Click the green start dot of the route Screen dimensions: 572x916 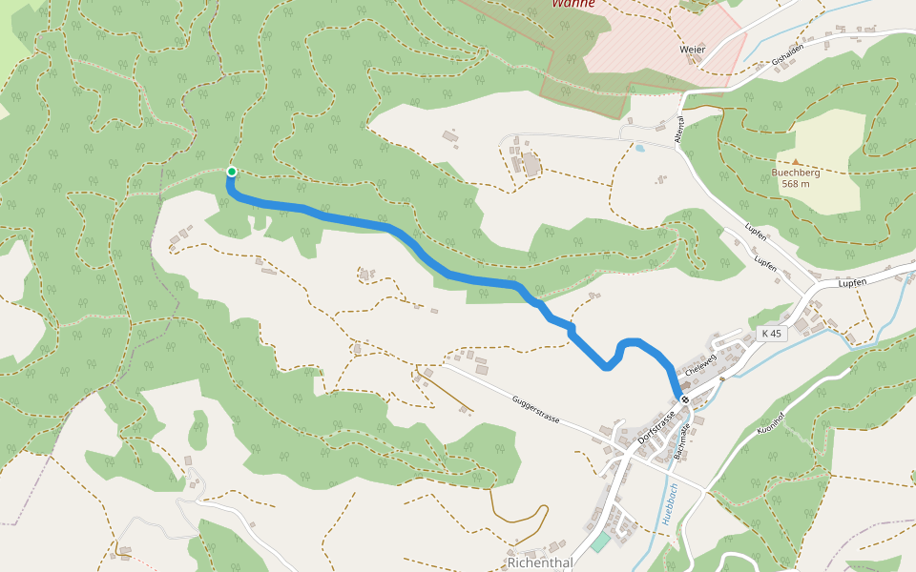231,172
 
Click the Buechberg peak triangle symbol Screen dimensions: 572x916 796,162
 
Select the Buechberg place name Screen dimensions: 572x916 796,173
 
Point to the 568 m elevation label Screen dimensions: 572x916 796,184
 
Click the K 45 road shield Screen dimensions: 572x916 771,334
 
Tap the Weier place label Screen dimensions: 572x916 692,49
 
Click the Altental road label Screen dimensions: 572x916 680,130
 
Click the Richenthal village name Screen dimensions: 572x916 540,562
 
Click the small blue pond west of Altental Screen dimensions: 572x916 639,149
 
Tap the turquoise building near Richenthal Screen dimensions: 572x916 600,542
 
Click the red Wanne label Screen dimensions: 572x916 573,3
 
